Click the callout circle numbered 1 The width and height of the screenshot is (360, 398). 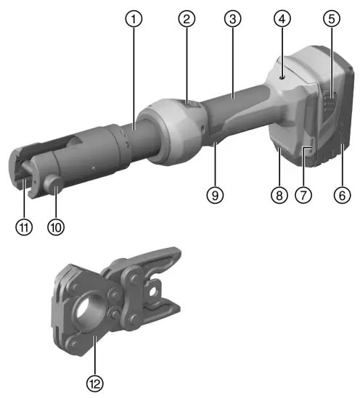[x=133, y=20]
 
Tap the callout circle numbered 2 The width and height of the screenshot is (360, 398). [x=187, y=20]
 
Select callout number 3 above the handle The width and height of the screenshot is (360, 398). [x=232, y=20]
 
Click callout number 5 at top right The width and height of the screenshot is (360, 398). [x=332, y=20]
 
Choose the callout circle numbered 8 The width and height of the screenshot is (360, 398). [x=277, y=194]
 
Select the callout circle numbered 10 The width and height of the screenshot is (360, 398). [x=56, y=227]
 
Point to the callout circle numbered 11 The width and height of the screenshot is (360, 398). [x=25, y=227]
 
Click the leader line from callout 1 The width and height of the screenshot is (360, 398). [x=133, y=72]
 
